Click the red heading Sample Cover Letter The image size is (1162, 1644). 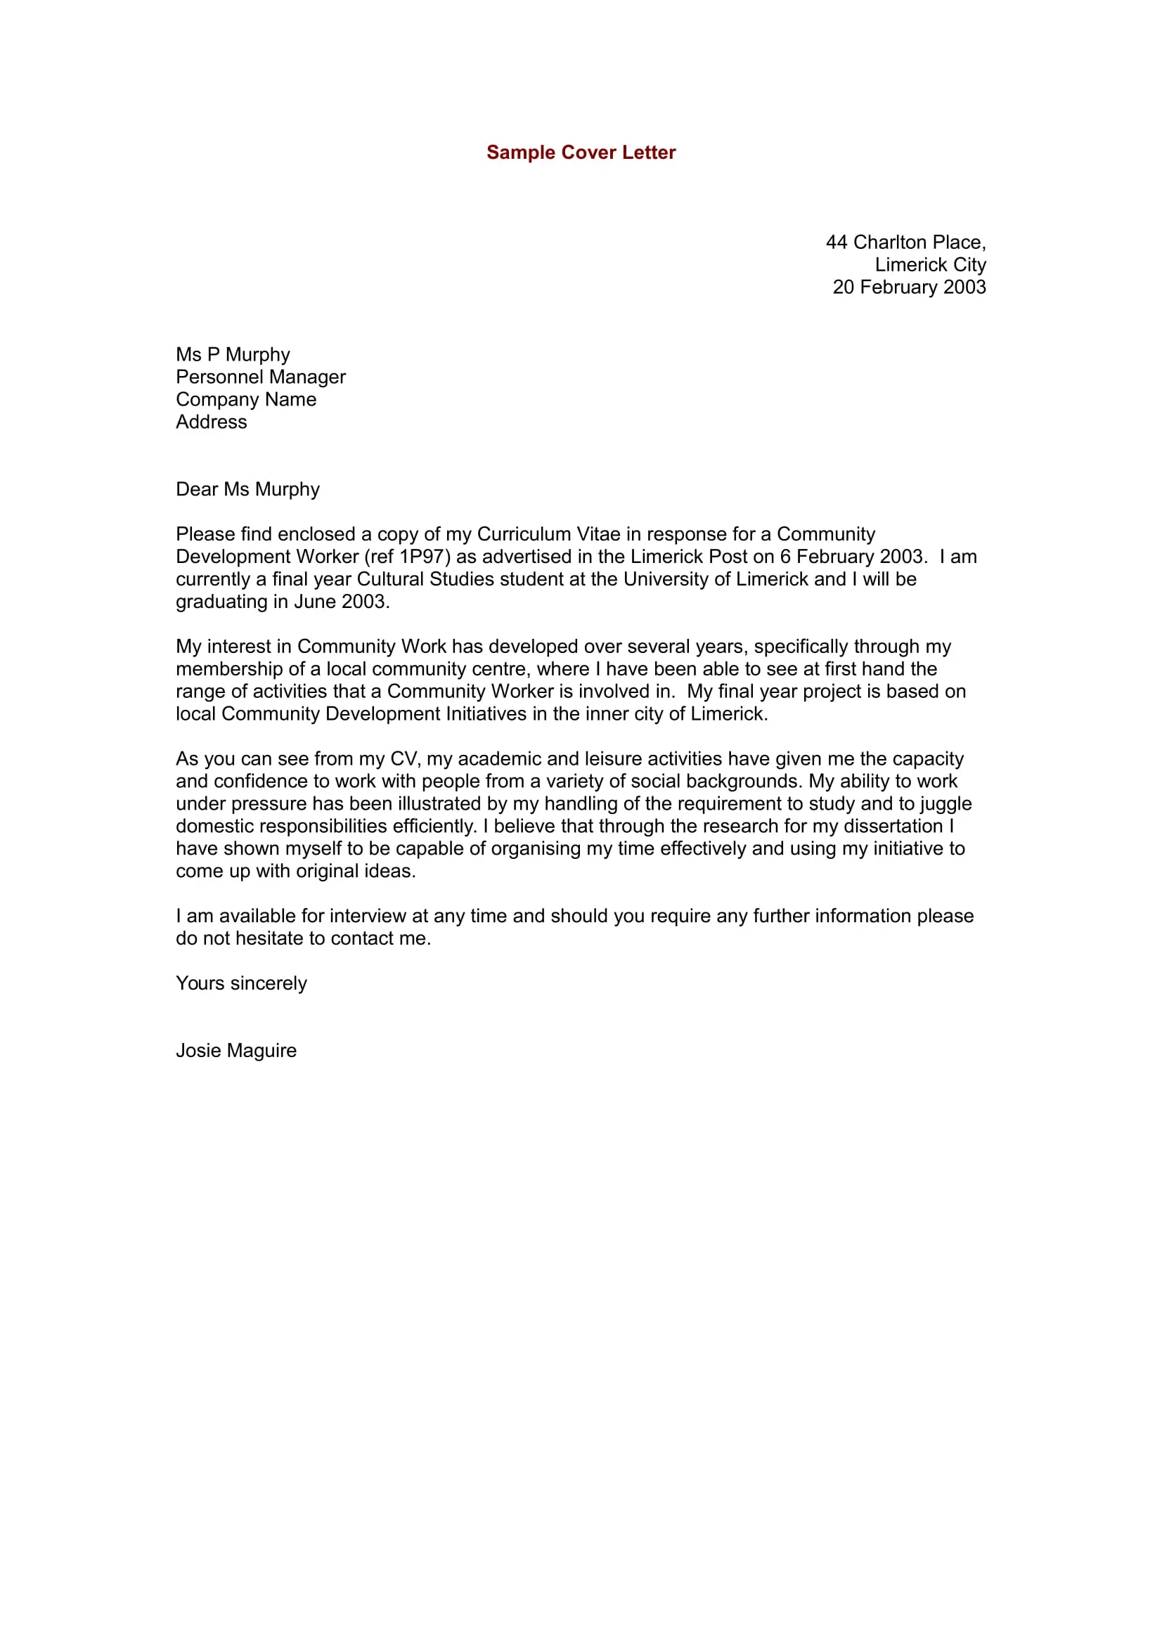click(581, 153)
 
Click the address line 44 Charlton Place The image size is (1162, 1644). click(905, 242)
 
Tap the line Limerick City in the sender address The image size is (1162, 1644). click(930, 265)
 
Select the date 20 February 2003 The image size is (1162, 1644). click(908, 287)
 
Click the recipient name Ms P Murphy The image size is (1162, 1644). click(233, 354)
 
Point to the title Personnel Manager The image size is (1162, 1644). click(261, 377)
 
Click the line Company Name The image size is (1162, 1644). click(245, 399)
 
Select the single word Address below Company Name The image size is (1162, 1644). click(211, 422)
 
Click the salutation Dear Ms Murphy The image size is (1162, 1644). click(247, 489)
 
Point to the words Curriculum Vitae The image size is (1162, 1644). click(548, 534)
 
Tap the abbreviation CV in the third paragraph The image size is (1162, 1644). click(402, 758)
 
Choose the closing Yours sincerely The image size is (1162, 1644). click(241, 983)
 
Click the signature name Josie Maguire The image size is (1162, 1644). click(236, 1050)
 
